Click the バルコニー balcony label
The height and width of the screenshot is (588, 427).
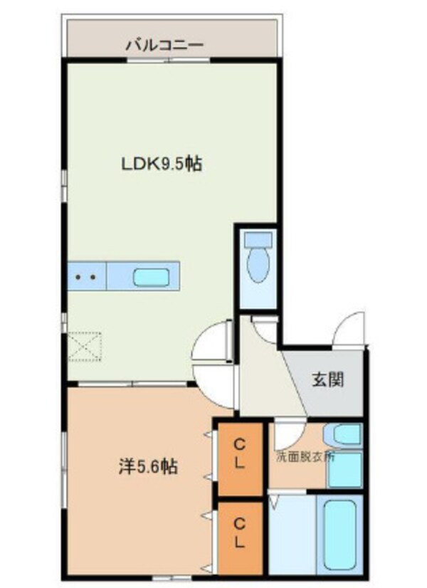tap(164, 44)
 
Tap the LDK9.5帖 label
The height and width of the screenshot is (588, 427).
tap(161, 164)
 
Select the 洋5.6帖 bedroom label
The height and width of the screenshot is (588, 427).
tap(147, 467)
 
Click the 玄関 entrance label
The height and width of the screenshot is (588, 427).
tap(327, 379)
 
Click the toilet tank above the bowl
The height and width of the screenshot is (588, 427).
tap(257, 240)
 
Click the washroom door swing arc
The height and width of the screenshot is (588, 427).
tap(287, 434)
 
